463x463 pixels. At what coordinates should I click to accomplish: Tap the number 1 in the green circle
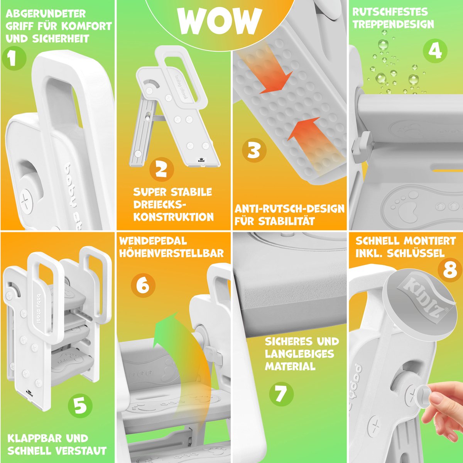(x=14, y=58)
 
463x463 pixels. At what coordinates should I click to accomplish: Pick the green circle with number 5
(x=80, y=406)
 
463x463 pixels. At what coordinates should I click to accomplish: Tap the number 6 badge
(x=143, y=285)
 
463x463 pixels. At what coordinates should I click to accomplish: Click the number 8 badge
(x=450, y=270)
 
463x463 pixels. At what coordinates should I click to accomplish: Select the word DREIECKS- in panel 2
(x=160, y=204)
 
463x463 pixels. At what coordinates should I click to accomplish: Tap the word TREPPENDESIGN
(x=393, y=25)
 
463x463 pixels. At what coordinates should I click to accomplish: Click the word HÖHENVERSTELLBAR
(x=171, y=253)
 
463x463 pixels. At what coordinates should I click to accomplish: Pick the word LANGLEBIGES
(x=300, y=354)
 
